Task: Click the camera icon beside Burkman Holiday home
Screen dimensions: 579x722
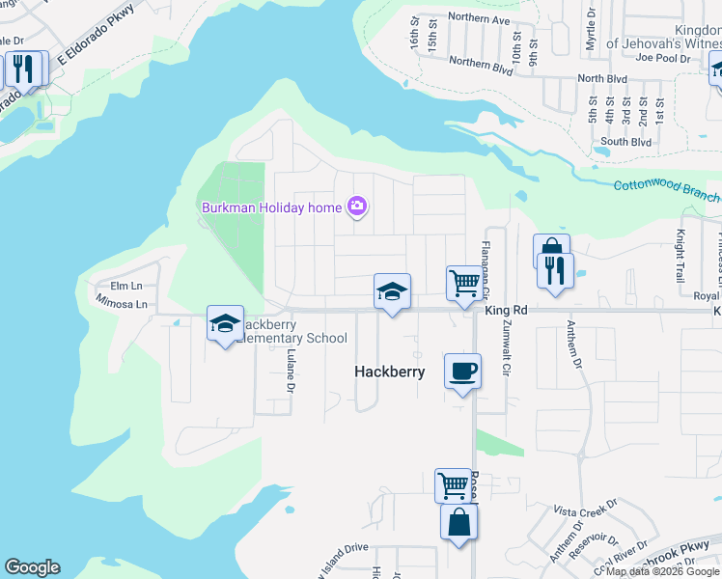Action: click(357, 206)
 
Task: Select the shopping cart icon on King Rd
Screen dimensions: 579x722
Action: click(464, 284)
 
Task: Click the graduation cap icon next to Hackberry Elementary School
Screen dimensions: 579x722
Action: click(225, 324)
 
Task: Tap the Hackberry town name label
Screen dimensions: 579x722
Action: click(389, 372)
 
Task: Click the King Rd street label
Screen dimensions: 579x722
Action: click(507, 311)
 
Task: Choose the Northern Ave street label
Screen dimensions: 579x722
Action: click(479, 19)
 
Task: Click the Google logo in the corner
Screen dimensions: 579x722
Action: click(32, 568)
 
